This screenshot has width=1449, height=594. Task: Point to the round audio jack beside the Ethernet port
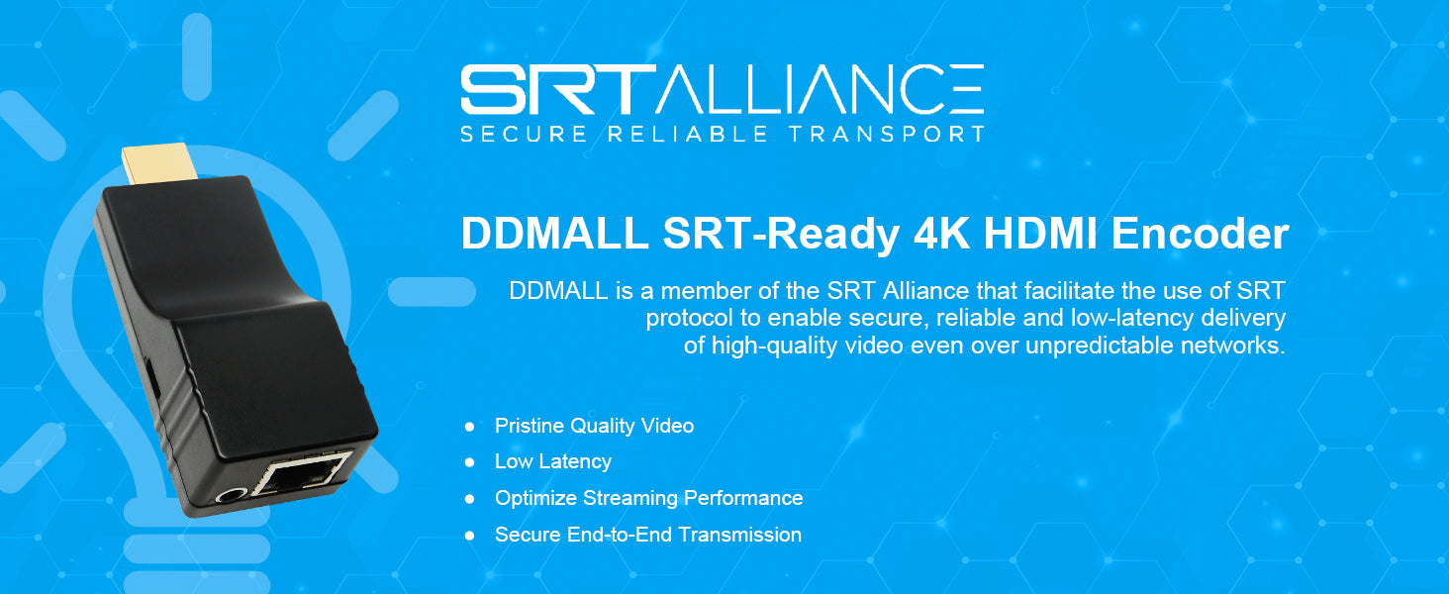click(234, 499)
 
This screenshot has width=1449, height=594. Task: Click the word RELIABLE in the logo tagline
click(687, 134)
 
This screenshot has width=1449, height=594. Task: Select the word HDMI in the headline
click(1032, 235)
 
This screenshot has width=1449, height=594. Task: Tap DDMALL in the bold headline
click(554, 235)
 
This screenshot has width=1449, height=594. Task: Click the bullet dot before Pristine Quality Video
click(470, 427)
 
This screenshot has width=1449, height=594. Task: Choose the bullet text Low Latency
click(553, 462)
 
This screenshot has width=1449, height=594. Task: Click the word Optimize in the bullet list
click(535, 499)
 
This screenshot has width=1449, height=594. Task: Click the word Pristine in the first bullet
click(530, 426)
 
